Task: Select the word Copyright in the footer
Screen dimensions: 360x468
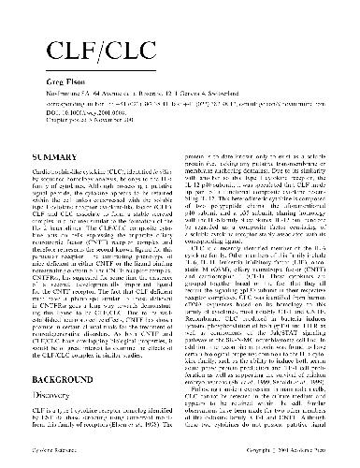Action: (x=262, y=453)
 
